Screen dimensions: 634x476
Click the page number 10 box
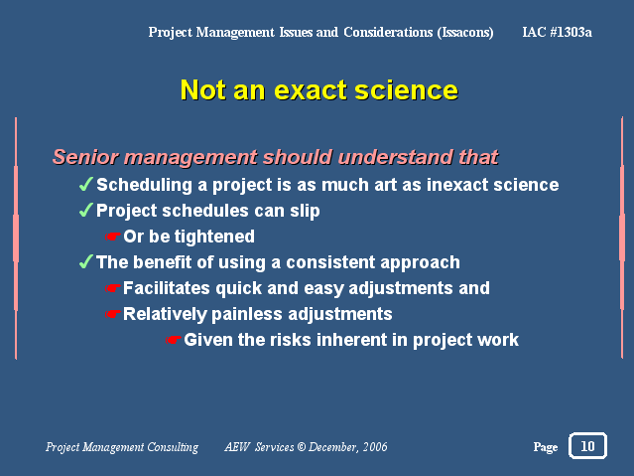pos(587,446)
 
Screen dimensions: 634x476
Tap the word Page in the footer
pos(546,447)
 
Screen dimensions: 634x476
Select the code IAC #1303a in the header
pos(558,32)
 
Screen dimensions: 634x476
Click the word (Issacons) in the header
pos(465,32)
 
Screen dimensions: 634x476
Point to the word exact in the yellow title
pos(311,90)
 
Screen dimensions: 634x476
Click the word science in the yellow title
pos(407,89)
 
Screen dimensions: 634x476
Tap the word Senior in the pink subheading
pos(85,157)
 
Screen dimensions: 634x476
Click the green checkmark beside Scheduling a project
pos(86,184)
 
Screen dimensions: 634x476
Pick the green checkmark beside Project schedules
pos(86,211)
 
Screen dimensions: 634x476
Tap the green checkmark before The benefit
pos(86,261)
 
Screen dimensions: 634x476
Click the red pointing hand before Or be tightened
pos(113,237)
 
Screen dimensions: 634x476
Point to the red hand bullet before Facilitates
pos(113,288)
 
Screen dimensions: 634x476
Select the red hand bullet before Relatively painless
pos(113,314)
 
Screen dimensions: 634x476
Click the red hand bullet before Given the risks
pos(174,340)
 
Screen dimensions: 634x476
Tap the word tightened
pos(214,237)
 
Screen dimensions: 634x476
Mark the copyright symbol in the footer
pos(302,447)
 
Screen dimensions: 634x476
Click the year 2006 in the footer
pos(375,447)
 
